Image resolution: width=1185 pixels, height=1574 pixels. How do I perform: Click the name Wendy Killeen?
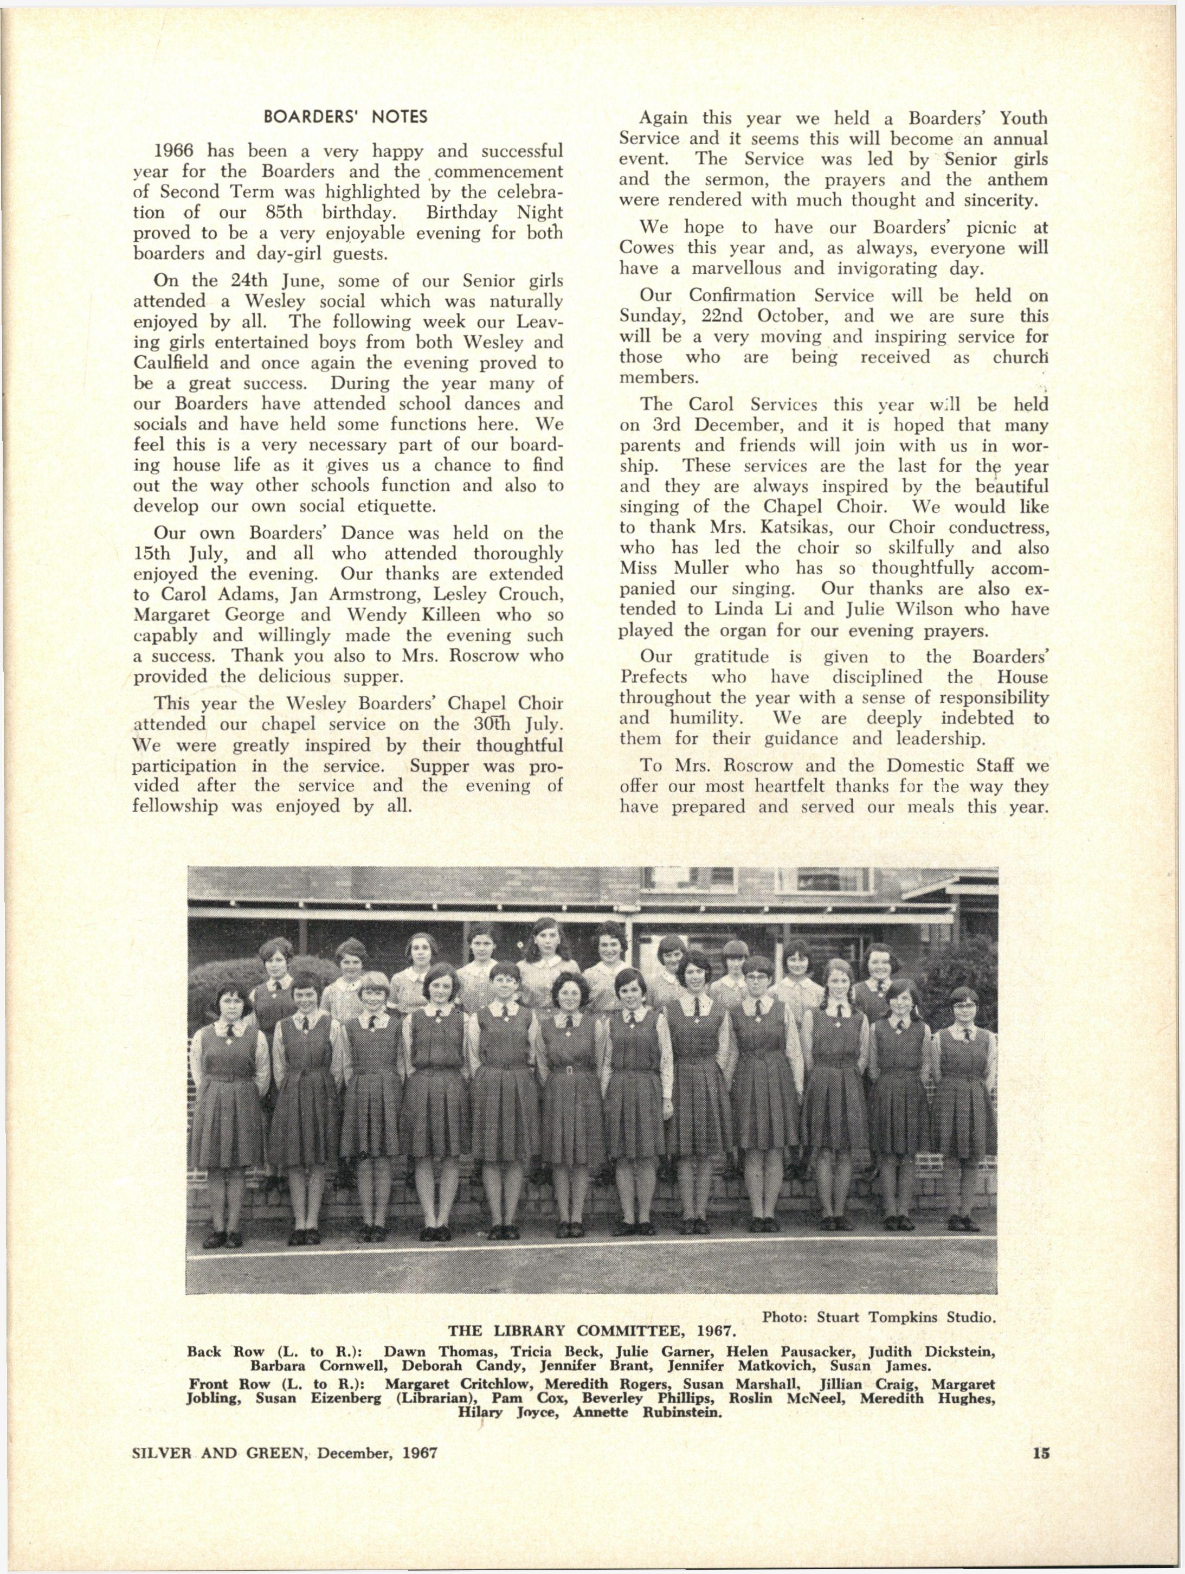pos(403,615)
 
